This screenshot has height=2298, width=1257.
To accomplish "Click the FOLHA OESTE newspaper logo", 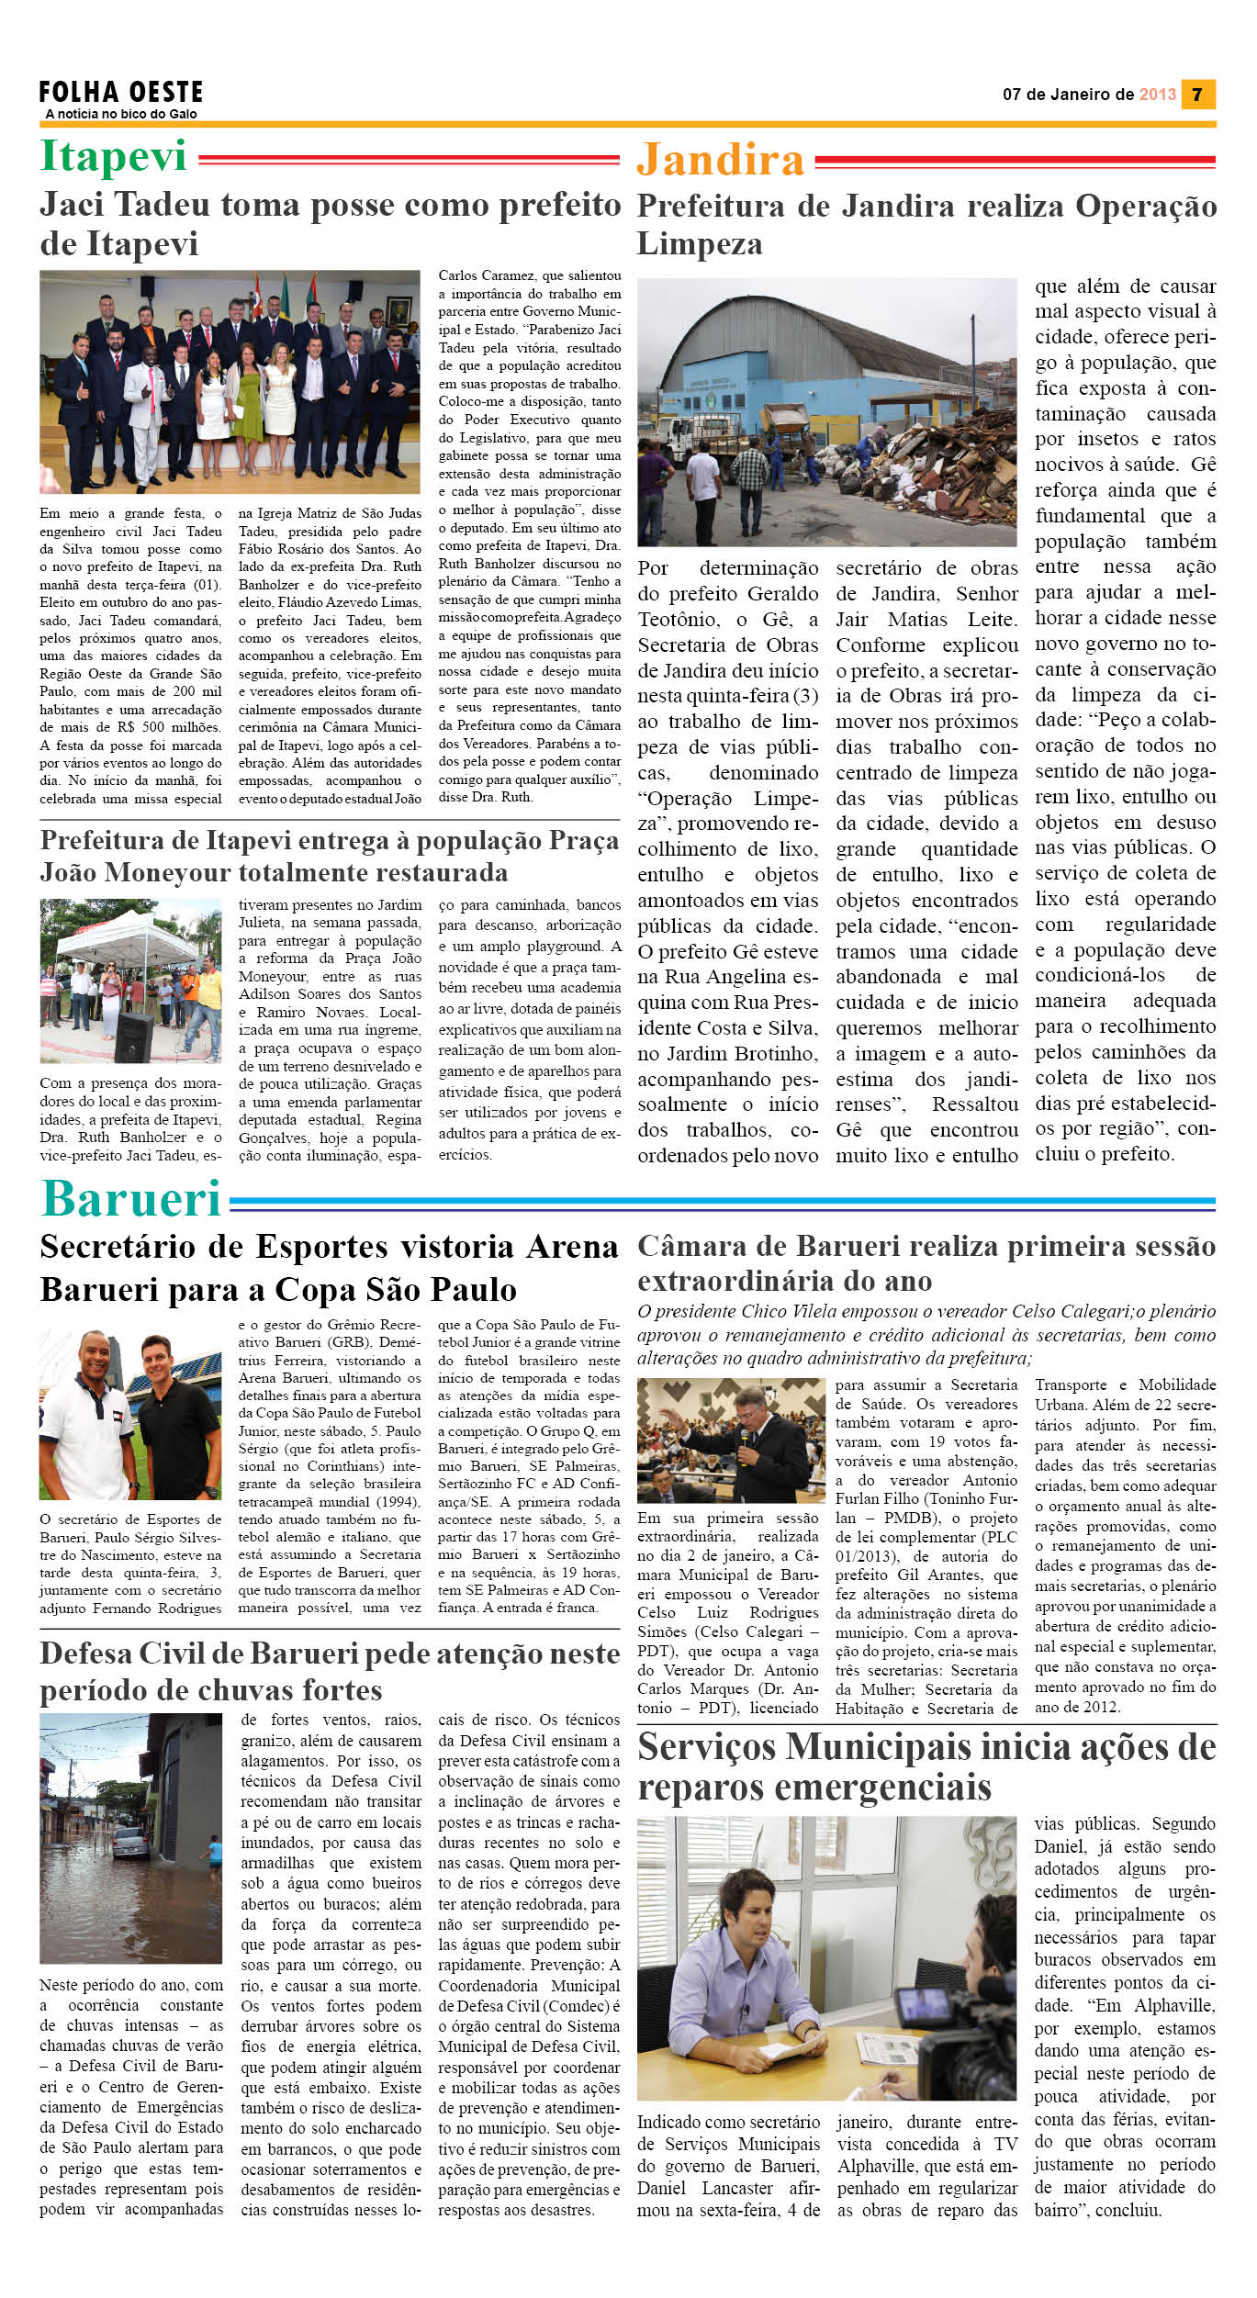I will point(120,93).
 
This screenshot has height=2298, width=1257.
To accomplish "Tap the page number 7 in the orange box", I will point(1197,95).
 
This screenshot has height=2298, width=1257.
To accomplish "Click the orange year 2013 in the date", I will point(1157,95).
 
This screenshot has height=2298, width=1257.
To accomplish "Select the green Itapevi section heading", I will point(114,156).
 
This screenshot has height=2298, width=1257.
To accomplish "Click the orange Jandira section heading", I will point(721,161).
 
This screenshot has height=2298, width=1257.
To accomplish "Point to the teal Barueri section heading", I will point(131,1198).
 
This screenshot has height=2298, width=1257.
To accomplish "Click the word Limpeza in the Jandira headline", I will point(700,244).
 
